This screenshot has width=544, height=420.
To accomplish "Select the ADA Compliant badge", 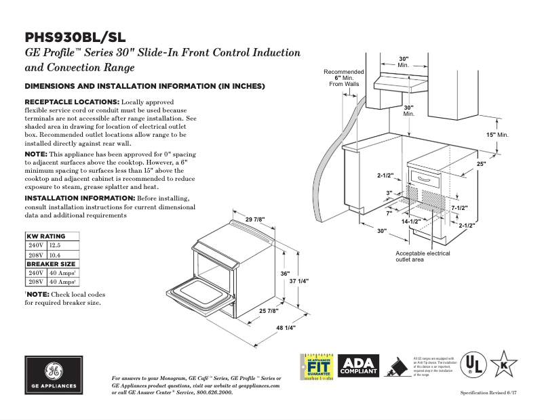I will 359,366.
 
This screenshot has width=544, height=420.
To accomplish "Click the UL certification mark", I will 478,366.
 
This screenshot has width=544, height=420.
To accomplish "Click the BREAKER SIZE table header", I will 51,264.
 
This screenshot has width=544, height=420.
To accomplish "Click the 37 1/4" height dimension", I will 299,280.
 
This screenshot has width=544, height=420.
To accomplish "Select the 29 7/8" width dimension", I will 255,219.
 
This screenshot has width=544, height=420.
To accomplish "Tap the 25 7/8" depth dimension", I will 268,310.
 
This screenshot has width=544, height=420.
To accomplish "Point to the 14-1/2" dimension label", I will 410,222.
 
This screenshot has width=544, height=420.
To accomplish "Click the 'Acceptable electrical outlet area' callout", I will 423,256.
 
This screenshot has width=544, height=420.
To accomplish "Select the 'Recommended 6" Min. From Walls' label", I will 343,78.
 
